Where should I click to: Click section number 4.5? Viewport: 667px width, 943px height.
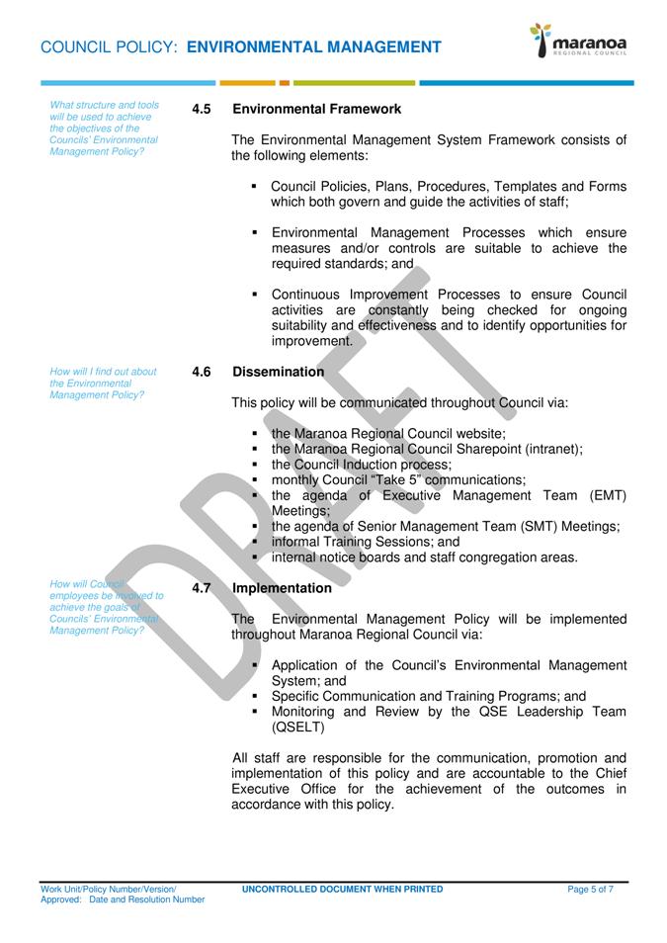click(202, 109)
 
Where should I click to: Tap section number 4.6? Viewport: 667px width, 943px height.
click(202, 372)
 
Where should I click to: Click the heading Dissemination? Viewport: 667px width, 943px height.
click(278, 372)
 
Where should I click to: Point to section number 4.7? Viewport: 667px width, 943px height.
click(202, 588)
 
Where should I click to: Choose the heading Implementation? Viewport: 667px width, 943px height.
click(282, 588)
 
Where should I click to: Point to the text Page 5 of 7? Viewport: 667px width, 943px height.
click(590, 890)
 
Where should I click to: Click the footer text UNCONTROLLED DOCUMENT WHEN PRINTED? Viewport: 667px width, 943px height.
click(342, 890)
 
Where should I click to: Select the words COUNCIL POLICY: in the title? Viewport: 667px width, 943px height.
click(110, 46)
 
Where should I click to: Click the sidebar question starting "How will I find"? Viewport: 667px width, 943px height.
click(103, 384)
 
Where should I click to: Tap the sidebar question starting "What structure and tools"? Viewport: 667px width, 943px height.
click(104, 129)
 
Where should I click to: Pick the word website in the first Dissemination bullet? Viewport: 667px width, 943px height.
click(478, 433)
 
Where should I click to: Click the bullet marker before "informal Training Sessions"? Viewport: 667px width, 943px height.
click(255, 542)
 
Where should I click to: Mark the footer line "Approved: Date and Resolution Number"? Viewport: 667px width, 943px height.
click(123, 900)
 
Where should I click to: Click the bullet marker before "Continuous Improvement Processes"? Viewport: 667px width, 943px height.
click(255, 294)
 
